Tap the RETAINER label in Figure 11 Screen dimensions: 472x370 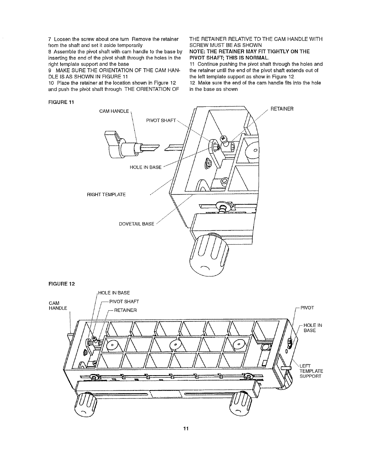[282, 109]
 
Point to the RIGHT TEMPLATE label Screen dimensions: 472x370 [106, 195]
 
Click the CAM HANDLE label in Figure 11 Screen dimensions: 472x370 [114, 111]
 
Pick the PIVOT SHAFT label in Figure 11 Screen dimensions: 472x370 [161, 120]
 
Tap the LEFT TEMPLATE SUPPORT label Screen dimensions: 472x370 [311, 371]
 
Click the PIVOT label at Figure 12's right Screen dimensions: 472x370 [307, 308]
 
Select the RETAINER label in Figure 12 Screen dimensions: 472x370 [125, 310]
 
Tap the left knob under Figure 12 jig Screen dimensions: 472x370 [86, 404]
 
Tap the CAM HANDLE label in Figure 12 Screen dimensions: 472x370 [58, 305]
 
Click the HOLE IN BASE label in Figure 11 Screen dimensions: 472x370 [145, 167]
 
